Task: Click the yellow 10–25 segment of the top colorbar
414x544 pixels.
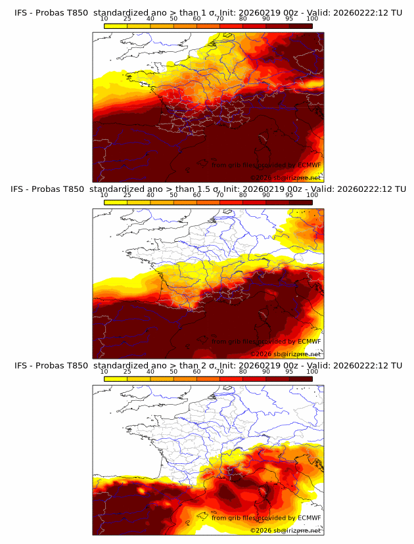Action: [x=116, y=26]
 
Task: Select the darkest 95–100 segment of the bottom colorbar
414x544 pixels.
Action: [x=300, y=379]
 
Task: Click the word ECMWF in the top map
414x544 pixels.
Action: [x=309, y=165]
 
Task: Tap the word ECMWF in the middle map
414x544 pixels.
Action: [x=309, y=341]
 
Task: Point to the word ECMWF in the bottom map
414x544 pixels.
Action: [x=309, y=518]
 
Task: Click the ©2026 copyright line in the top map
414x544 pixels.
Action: [x=285, y=177]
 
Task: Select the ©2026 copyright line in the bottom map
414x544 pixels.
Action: [x=285, y=530]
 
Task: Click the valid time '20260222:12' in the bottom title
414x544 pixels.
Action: [x=363, y=365]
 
